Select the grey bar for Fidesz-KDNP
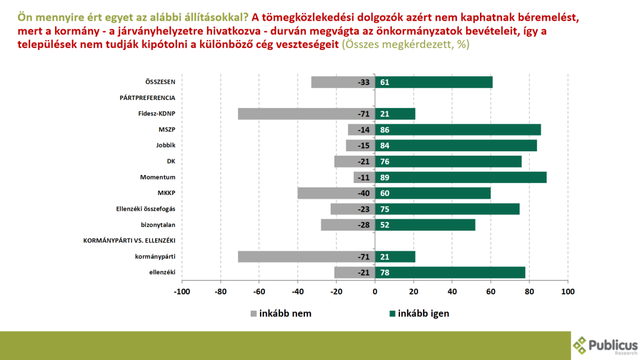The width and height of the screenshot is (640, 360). pos(306,114)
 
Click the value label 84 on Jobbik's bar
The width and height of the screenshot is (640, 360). pos(384,146)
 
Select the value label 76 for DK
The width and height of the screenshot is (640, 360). pos(384,161)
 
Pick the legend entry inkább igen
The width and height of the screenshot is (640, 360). pos(419,313)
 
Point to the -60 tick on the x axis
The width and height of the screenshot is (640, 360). pos(259,291)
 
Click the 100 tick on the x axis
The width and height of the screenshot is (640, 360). pos(567,291)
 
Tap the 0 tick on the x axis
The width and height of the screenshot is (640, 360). pos(375,291)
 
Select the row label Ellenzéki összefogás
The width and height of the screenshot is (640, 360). pos(146,209)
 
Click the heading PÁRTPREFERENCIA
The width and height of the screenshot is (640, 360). pos(147,97)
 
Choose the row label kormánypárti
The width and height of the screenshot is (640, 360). pos(155,256)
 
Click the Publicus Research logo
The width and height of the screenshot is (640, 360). pos(605,345)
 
